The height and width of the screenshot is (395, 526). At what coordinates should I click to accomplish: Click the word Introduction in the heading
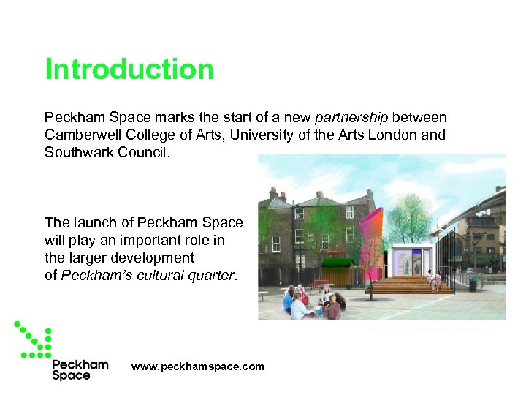(x=129, y=69)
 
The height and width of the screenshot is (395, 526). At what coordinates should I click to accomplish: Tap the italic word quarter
(x=218, y=275)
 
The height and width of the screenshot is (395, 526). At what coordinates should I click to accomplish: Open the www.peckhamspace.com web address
(x=197, y=366)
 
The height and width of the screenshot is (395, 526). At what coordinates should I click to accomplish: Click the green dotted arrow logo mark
(x=34, y=339)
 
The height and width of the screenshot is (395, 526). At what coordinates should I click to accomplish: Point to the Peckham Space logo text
(x=80, y=369)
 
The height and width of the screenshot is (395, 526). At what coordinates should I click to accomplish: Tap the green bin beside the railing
(x=473, y=283)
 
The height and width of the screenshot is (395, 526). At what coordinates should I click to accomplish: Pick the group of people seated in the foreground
(x=313, y=301)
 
